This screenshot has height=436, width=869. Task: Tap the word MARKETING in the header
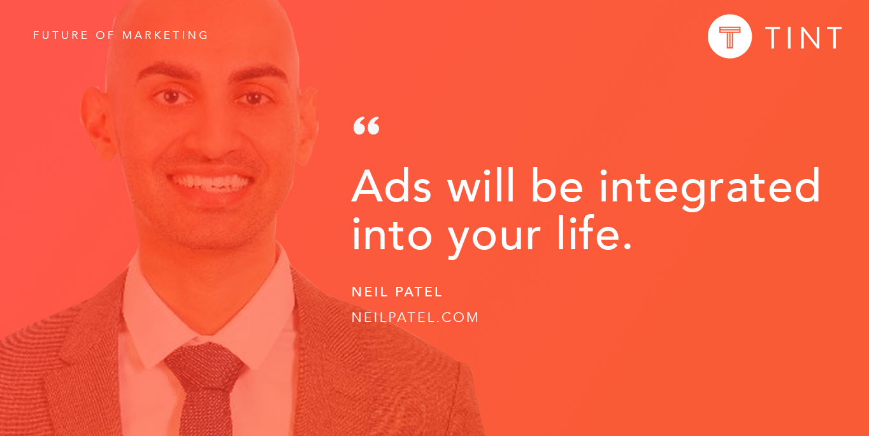165,35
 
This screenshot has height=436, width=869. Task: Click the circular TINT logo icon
730,36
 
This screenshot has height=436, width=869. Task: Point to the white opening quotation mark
366,126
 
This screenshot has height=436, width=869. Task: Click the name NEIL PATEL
397,292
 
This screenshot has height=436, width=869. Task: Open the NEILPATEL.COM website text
415,317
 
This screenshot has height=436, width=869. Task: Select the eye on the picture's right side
254,98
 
